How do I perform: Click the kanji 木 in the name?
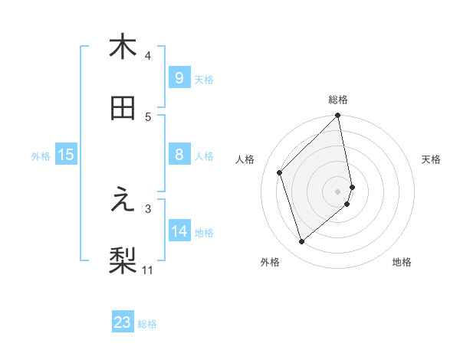pos(123,47)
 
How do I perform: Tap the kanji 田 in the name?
pos(123,109)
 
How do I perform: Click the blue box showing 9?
pos(179,77)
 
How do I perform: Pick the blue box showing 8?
pos(179,155)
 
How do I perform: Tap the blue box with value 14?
pos(179,231)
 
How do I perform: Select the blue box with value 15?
pos(66,155)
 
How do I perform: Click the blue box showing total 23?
pos(123,322)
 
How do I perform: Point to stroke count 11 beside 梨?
pos(148,270)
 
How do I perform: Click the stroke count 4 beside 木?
pos(148,55)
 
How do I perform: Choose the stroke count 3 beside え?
pos(148,208)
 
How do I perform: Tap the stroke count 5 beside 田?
pos(148,116)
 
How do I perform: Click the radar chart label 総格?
pos(338,100)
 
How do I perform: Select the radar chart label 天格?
pos(431,159)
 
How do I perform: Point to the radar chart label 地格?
pos(402,262)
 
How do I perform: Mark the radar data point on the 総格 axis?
pos(338,116)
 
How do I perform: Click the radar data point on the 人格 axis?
pos(280,172)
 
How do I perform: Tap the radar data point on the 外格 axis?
pos(302,242)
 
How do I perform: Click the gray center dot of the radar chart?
pos(338,191)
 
